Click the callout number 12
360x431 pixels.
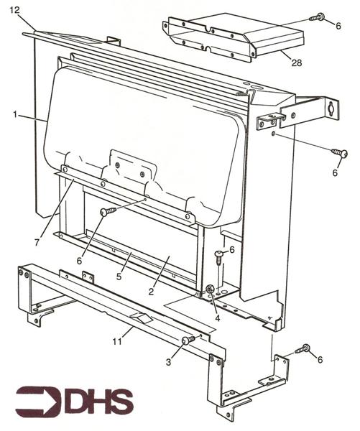coord(14,9)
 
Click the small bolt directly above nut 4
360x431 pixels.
coord(218,255)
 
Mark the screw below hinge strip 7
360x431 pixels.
coord(108,211)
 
